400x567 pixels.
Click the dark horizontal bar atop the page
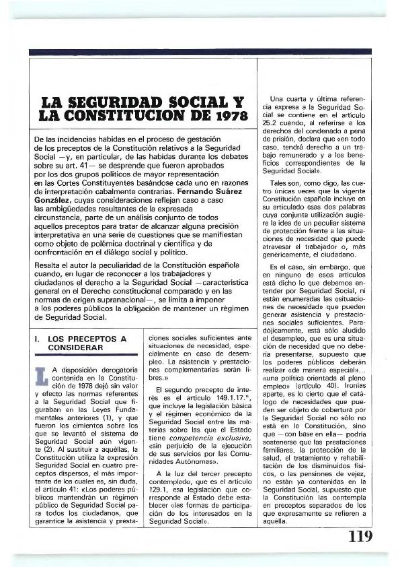(200, 52)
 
